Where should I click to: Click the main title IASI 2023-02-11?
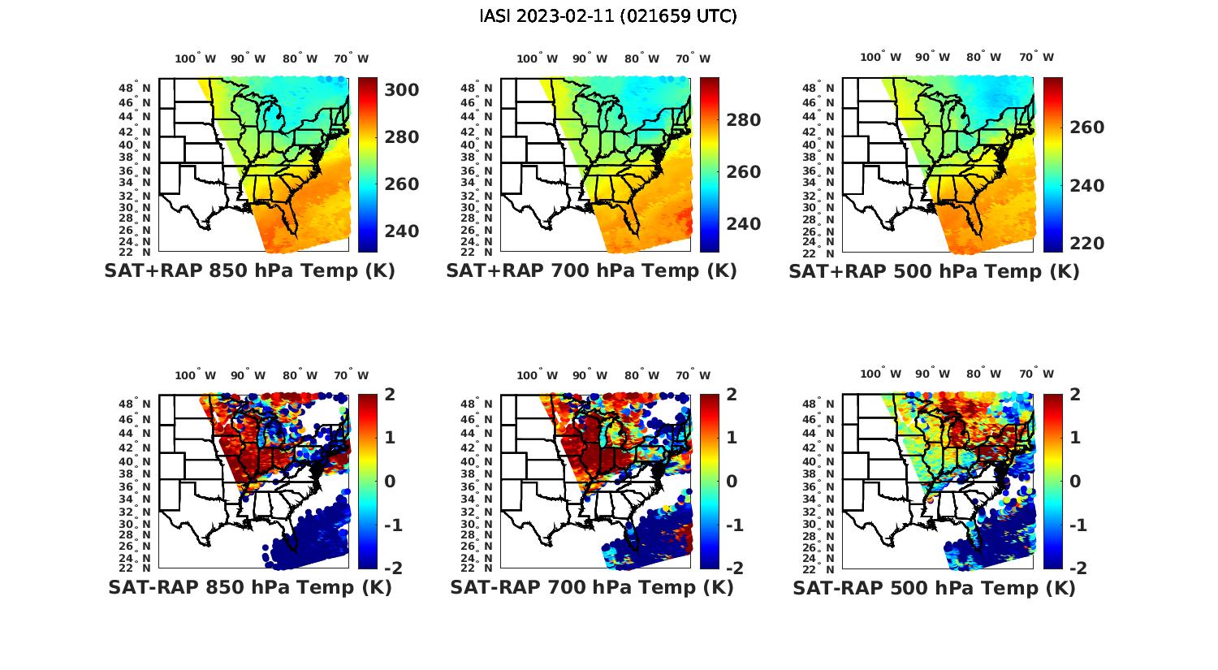point(608,16)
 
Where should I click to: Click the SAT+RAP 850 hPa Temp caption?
point(249,271)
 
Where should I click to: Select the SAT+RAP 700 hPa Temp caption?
point(591,271)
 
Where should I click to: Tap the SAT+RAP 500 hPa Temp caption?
point(934,272)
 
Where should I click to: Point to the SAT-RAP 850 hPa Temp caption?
point(250,587)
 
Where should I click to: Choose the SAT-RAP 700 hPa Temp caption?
point(592,587)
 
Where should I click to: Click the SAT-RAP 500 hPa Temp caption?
point(934,588)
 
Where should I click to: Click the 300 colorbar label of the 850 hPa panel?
point(401,89)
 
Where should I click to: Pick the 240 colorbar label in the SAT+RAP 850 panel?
point(401,231)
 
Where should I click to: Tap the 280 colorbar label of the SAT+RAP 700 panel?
point(743,120)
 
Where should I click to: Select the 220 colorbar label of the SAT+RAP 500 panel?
point(1086,244)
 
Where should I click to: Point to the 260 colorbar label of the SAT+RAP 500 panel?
point(1086,128)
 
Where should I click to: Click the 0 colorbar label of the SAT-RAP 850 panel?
point(390,482)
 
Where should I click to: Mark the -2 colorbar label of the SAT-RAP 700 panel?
point(728,568)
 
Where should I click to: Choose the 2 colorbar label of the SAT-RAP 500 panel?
point(1075,396)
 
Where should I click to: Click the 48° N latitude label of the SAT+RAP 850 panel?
point(135,89)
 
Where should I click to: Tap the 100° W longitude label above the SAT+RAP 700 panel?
point(537,58)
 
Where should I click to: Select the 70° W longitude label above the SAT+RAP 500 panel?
point(1036,57)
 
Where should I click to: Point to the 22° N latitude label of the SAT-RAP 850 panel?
point(135,568)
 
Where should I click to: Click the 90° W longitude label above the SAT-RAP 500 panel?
point(931,374)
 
